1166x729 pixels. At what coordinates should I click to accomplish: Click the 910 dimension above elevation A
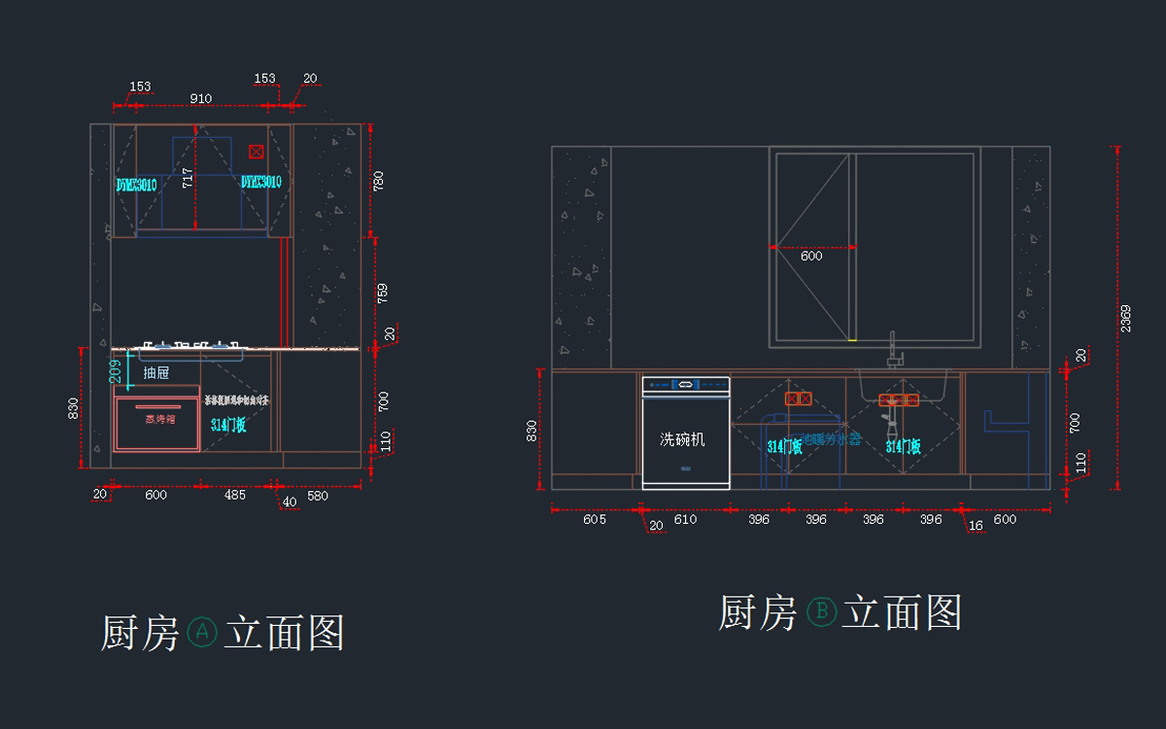coord(201,98)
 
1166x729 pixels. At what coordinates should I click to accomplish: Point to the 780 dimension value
coord(379,181)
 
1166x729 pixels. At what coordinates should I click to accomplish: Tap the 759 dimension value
coord(382,291)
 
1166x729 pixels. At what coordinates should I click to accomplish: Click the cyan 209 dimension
coord(115,370)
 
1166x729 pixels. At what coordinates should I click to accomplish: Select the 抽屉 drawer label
coord(156,372)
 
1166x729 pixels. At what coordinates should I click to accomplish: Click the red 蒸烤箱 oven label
coord(159,420)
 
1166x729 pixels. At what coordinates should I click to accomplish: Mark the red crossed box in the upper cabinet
coord(256,152)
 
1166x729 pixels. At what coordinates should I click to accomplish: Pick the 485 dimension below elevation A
coord(235,496)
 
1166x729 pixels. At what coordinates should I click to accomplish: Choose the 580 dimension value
coord(318,496)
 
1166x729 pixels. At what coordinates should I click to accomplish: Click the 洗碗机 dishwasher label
coord(682,439)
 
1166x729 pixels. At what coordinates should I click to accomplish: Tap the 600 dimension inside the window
coord(811,257)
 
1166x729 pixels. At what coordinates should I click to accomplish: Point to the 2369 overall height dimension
coord(1126,318)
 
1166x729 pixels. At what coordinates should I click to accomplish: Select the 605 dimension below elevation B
coord(595,520)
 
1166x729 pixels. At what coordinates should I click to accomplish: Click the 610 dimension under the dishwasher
coord(685,520)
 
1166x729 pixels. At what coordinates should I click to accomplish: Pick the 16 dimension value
coord(976,525)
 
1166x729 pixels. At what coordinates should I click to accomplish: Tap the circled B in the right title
coord(821,612)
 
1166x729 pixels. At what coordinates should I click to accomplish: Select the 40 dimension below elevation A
coord(290,502)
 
